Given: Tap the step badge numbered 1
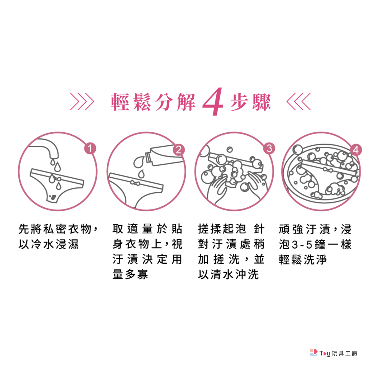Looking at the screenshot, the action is coord(90,149).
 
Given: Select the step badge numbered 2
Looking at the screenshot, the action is coord(179,150).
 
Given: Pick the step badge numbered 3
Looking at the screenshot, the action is coord(269,149).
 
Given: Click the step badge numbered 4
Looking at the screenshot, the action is coord(356,150).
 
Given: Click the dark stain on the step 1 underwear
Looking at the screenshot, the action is coord(53,197).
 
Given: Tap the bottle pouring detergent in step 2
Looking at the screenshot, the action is coord(166,155).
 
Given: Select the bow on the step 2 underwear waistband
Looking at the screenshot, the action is coord(135,183).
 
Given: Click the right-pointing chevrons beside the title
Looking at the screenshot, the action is coord(82,101).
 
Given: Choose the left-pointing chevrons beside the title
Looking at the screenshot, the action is coord(298,101).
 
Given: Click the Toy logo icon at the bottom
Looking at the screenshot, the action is coord(313,353).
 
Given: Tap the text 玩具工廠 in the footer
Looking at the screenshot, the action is coord(344,353).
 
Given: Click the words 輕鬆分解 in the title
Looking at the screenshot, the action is coord(153,102).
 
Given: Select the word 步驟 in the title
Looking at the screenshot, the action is coord(250,102).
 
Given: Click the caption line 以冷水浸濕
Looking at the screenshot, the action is coord(49,244).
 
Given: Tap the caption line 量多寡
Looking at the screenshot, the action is coord(130,274).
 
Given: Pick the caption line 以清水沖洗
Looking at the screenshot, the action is coord(228,274).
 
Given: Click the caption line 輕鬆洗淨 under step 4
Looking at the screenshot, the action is coord(303,259).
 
